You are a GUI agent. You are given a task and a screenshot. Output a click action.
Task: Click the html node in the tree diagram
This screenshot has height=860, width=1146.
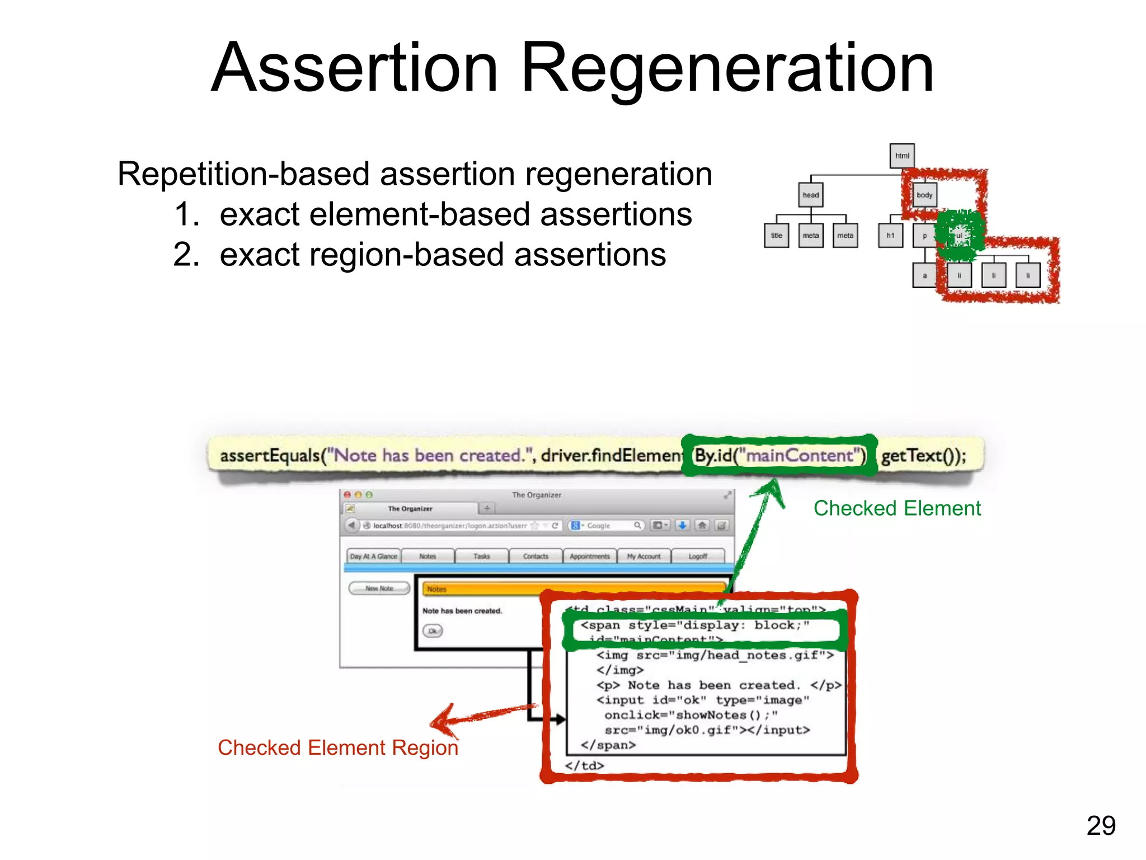tap(901, 156)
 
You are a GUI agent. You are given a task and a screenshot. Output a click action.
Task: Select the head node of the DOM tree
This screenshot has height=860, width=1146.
tap(810, 195)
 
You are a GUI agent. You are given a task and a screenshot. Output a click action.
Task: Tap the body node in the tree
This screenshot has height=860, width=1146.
tap(924, 195)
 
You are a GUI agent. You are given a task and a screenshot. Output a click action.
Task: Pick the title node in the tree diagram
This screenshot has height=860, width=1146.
tap(776, 235)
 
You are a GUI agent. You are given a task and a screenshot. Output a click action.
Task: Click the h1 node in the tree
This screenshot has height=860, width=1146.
tap(890, 235)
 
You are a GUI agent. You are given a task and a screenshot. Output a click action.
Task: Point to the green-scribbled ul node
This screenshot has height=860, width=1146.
tap(959, 235)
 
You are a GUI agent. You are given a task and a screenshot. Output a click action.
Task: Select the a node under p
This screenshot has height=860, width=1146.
tap(924, 275)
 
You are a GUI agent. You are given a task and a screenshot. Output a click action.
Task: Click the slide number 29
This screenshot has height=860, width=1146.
tap(1101, 825)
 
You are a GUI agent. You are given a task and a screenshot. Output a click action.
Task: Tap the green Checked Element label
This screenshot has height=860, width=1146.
tap(896, 508)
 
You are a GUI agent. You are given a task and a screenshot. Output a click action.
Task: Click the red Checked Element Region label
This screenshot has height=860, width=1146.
tap(337, 747)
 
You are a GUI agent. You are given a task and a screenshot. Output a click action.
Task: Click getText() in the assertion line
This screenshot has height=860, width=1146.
tap(923, 456)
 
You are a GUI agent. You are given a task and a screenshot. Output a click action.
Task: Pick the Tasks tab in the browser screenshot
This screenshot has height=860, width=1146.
tap(481, 556)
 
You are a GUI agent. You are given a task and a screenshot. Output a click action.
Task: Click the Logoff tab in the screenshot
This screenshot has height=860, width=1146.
tap(697, 556)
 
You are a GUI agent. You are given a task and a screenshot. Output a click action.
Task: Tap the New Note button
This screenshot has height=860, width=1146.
tap(379, 588)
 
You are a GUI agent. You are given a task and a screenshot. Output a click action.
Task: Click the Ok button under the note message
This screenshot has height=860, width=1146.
tap(433, 631)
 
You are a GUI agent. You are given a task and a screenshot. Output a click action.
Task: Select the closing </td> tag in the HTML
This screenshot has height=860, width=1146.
tap(584, 765)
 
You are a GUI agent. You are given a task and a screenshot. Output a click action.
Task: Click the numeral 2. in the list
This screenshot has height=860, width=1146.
tap(186, 255)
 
